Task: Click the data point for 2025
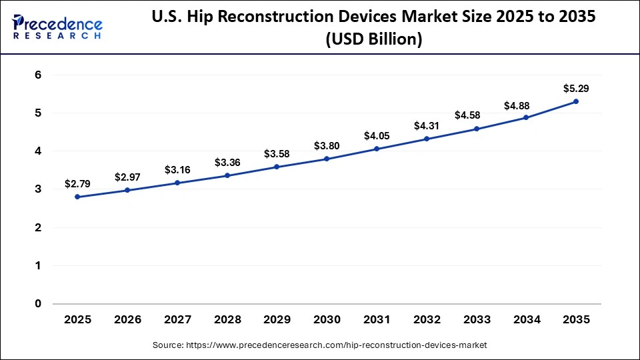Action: coord(77,197)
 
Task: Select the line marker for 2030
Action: coord(327,159)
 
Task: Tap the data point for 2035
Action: coord(576,101)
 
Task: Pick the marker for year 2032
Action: coord(427,139)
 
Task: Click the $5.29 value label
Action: coord(576,88)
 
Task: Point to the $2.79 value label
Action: coord(77,183)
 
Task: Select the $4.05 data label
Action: coord(377,136)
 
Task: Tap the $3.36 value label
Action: coord(227,163)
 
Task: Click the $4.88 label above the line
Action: coord(526,105)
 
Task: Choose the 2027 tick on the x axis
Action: coord(177,320)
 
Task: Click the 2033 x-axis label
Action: coord(476,320)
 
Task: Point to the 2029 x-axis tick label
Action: coord(277,320)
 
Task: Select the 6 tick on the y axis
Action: coord(38,75)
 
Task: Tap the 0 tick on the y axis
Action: coord(38,304)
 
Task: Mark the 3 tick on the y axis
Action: coord(38,189)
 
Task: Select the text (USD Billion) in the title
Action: coord(373,40)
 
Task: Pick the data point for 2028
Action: coord(227,175)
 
